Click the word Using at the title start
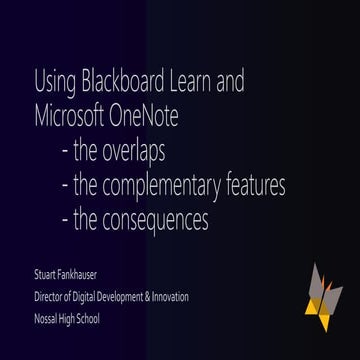point(50,80)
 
